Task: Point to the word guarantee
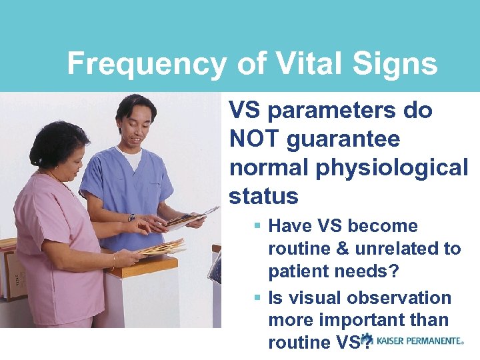coord(343,139)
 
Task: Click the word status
coord(263,196)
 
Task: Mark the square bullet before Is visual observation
coord(257,298)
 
